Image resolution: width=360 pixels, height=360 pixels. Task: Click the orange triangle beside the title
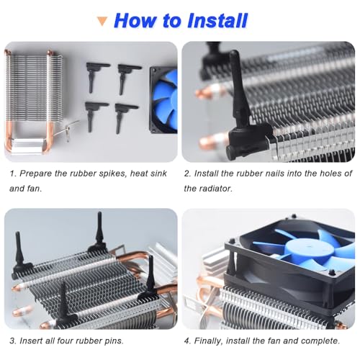click(102, 21)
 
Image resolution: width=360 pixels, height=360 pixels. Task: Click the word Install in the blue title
click(217, 20)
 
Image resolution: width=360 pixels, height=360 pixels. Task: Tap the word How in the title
click(135, 20)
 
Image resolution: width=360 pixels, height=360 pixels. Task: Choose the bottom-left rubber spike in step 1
click(96, 116)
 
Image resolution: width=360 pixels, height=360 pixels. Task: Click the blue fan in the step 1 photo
click(163, 100)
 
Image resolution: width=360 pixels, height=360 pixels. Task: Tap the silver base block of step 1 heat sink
click(27, 145)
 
